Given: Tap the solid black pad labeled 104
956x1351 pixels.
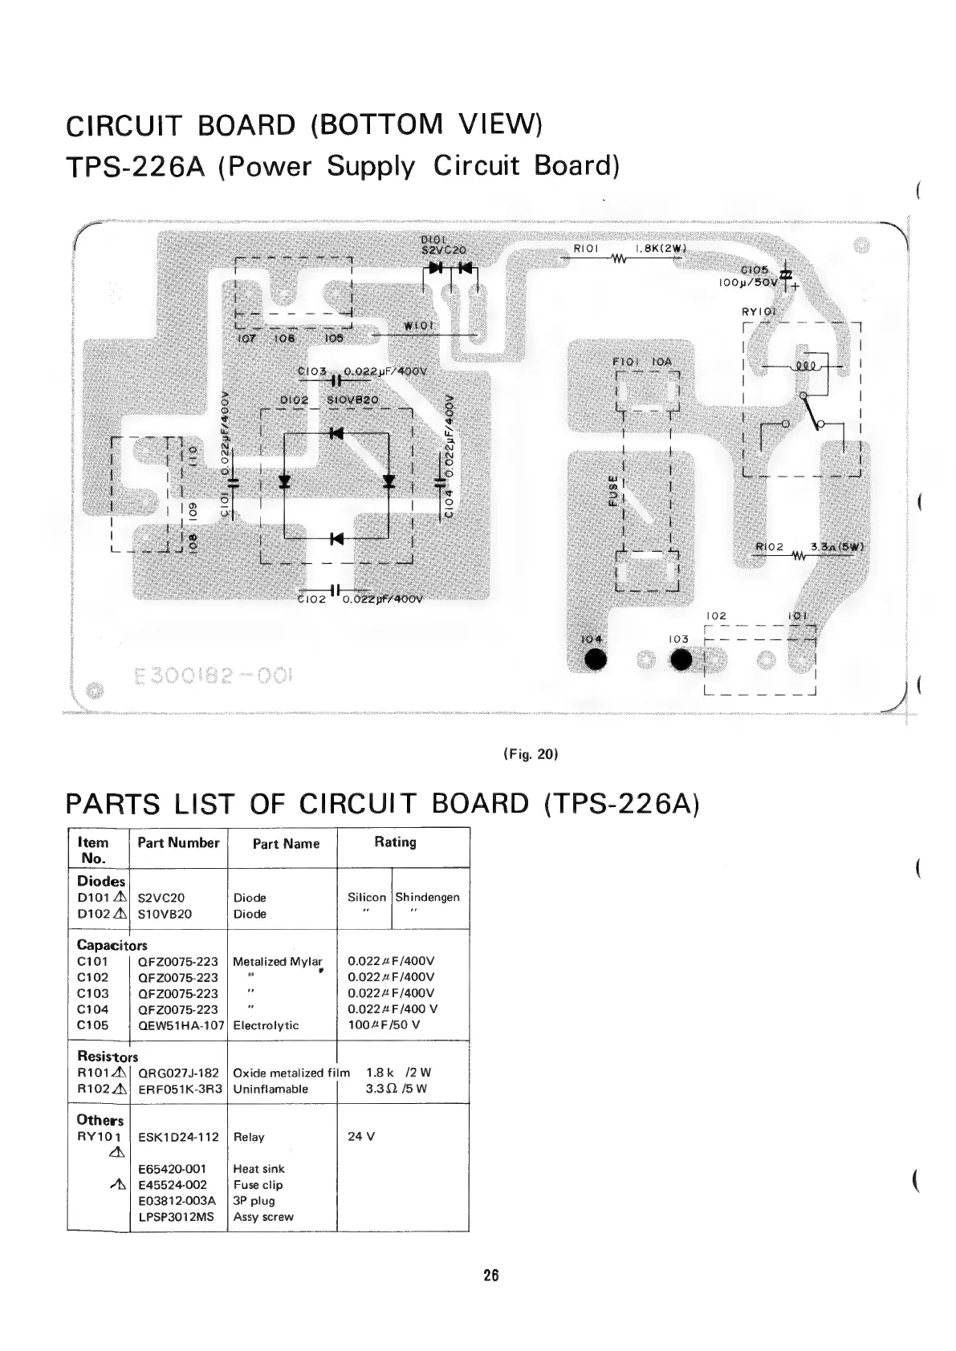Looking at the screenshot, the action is [595, 659].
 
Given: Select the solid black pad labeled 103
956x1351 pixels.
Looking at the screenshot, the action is [681, 659].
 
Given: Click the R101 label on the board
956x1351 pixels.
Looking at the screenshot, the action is [586, 249].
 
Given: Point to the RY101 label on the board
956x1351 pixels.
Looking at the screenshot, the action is [758, 312].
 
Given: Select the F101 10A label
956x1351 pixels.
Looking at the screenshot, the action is [641, 363].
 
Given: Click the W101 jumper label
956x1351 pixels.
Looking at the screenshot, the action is [418, 326].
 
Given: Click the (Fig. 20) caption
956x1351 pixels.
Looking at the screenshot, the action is [531, 754].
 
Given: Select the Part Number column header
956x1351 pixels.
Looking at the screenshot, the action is [178, 842].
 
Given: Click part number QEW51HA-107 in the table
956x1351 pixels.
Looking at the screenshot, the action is [181, 1025].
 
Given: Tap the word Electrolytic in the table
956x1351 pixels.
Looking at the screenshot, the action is [266, 1025].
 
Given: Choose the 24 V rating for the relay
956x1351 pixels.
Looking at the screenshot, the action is [362, 1137].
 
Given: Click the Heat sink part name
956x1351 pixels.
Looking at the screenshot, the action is [258, 1169].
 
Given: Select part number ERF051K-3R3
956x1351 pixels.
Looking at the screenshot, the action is [180, 1089].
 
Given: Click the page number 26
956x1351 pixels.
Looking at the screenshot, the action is [491, 1275].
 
